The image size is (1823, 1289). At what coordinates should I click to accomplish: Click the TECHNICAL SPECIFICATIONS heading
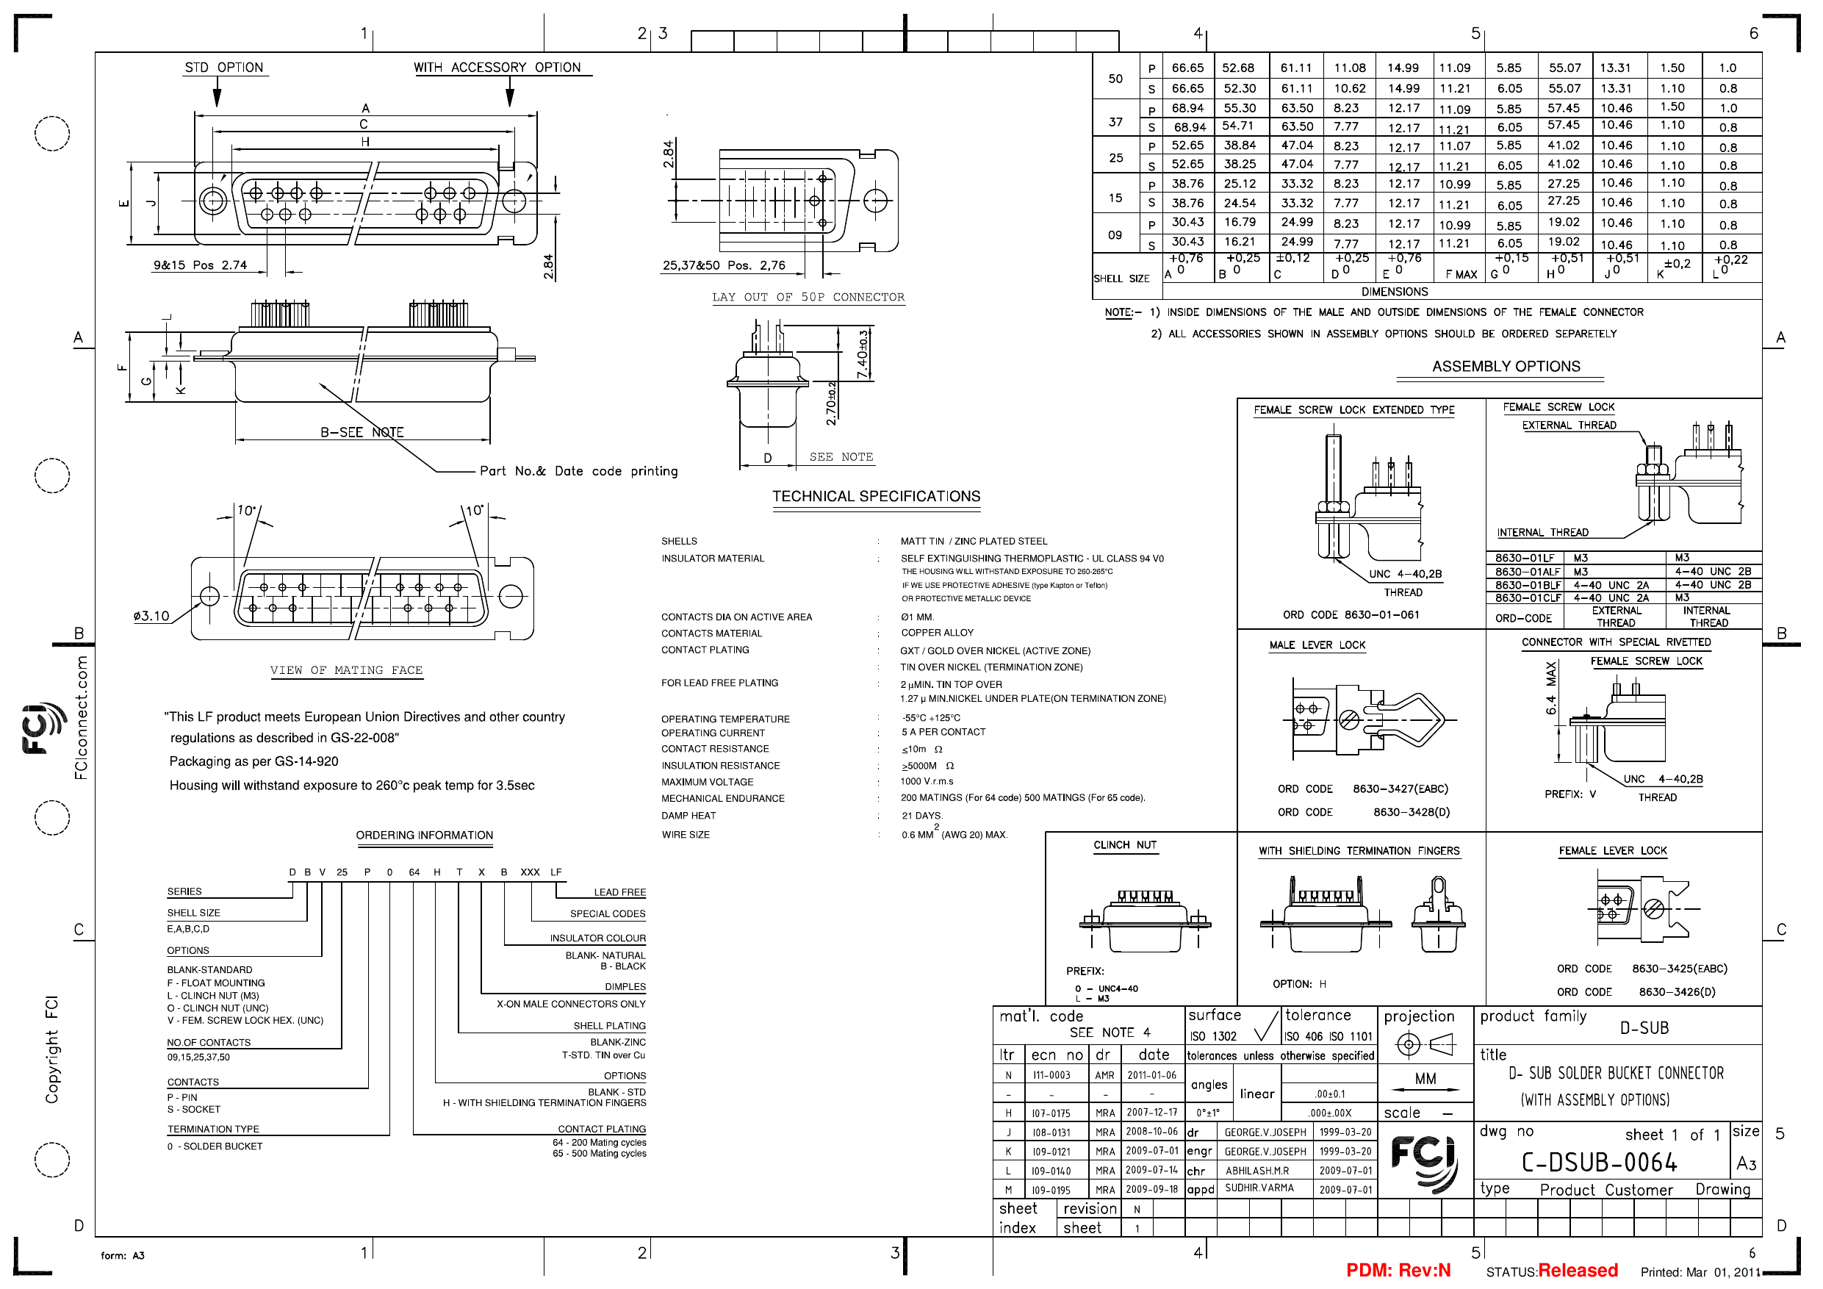(876, 496)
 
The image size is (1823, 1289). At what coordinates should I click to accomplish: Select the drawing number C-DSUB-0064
(1599, 1163)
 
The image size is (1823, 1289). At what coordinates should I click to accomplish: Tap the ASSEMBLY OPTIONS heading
(1506, 366)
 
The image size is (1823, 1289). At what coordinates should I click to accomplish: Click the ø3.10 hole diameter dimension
(151, 616)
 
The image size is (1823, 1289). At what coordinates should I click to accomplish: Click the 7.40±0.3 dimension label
(863, 353)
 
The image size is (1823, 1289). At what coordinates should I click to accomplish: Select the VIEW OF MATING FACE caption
(346, 670)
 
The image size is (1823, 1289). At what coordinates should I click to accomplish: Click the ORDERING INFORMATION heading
(424, 836)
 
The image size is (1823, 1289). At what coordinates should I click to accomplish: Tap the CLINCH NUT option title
(1125, 845)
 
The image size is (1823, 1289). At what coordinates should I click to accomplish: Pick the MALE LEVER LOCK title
(1317, 645)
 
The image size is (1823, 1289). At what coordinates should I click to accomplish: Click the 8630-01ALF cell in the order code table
(1527, 572)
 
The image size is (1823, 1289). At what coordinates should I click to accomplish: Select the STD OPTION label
(224, 68)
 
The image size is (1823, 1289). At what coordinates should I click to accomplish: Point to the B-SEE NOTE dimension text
(362, 432)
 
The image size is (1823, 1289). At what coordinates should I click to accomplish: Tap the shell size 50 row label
(1115, 79)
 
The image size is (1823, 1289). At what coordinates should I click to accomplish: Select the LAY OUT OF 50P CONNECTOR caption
(808, 297)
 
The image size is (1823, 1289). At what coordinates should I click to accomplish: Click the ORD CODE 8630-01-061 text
(1351, 614)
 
